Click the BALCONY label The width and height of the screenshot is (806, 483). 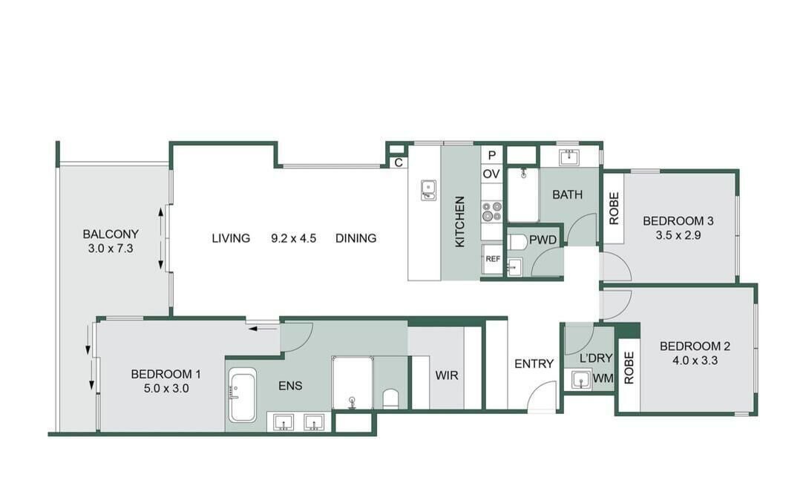[111, 234]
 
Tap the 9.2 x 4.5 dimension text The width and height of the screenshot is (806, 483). [293, 238]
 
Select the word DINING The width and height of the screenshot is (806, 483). [356, 238]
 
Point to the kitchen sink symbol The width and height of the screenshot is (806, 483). [428, 190]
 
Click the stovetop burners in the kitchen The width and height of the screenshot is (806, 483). [491, 211]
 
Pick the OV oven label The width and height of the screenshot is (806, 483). [491, 174]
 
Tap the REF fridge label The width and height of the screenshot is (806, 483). [493, 259]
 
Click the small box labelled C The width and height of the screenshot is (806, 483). [399, 163]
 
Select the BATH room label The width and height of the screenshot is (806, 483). [568, 194]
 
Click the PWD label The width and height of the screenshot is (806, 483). [543, 240]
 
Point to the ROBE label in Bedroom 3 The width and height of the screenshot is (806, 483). [614, 208]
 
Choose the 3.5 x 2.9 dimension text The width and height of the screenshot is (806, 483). [678, 235]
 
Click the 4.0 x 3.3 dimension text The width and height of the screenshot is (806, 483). [695, 360]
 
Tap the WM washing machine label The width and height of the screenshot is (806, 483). [603, 378]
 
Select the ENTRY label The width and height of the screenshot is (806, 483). [534, 364]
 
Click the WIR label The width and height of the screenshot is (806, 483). [447, 375]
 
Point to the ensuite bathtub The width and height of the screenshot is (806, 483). [242, 395]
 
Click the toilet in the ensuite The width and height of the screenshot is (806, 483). [390, 398]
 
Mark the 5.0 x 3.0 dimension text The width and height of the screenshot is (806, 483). [166, 389]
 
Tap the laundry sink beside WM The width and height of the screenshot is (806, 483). [581, 380]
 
